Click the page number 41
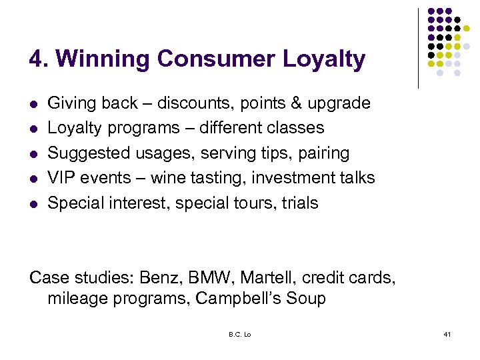point(447,333)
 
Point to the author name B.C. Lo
point(239,334)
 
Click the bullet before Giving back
point(33,104)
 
